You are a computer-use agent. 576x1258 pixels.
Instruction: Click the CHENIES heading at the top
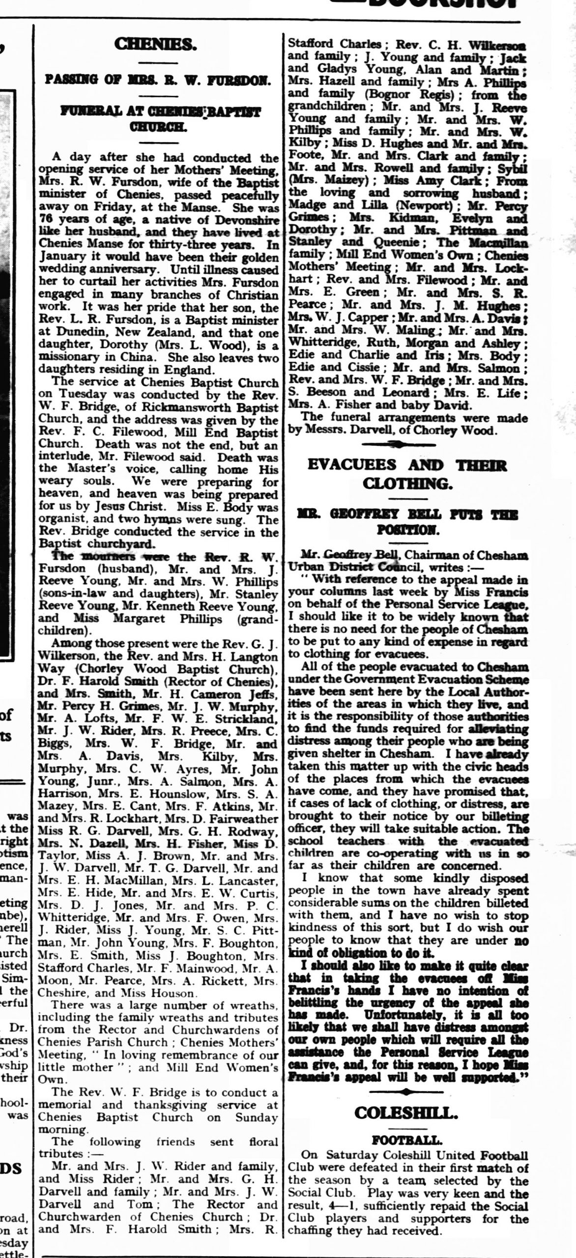[x=155, y=44]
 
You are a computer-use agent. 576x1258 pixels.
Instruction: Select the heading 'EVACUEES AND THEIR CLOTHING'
[x=407, y=474]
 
